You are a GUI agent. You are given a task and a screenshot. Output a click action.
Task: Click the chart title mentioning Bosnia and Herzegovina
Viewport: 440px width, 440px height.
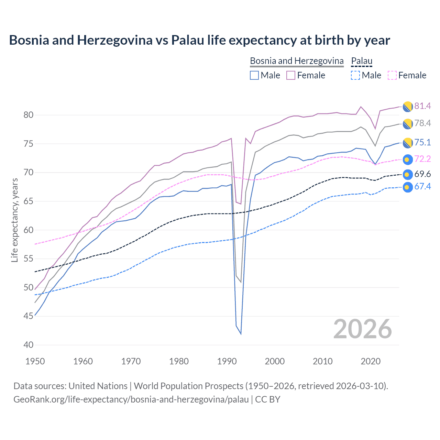tap(199, 40)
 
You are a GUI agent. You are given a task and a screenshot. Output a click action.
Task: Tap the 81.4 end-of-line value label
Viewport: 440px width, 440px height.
tap(422, 106)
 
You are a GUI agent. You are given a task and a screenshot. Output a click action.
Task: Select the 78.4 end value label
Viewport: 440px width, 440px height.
tap(422, 123)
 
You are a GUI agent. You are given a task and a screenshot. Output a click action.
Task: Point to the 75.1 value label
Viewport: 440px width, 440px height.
tap(422, 142)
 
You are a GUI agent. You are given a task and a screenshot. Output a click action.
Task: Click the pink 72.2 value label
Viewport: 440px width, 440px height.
tap(422, 159)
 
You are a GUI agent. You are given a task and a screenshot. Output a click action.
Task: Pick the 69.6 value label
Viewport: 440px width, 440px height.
tap(422, 174)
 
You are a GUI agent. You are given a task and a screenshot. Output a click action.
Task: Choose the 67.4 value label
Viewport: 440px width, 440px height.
tap(422, 186)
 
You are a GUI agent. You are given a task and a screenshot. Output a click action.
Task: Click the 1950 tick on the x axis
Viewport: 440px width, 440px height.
tap(35, 361)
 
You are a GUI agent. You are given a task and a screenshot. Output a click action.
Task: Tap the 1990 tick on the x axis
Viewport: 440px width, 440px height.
tap(227, 361)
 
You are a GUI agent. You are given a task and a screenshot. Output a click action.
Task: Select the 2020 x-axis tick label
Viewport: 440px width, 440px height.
tap(371, 361)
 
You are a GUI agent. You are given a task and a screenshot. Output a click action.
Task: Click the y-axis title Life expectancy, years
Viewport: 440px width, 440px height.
tap(14, 220)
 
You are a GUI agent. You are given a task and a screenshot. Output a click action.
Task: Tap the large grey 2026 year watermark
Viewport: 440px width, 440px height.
tap(363, 329)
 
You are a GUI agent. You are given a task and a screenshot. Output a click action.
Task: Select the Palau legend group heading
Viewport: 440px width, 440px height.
tap(362, 61)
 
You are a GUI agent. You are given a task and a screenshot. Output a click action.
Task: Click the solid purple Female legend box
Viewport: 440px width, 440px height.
tap(291, 75)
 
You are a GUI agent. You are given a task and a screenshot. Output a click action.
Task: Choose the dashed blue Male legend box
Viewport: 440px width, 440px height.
tap(355, 75)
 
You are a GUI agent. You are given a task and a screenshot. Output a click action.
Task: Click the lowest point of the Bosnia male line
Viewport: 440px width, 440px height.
tap(241, 334)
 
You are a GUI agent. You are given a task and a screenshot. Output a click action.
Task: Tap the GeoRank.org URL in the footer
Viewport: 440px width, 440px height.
tap(131, 399)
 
